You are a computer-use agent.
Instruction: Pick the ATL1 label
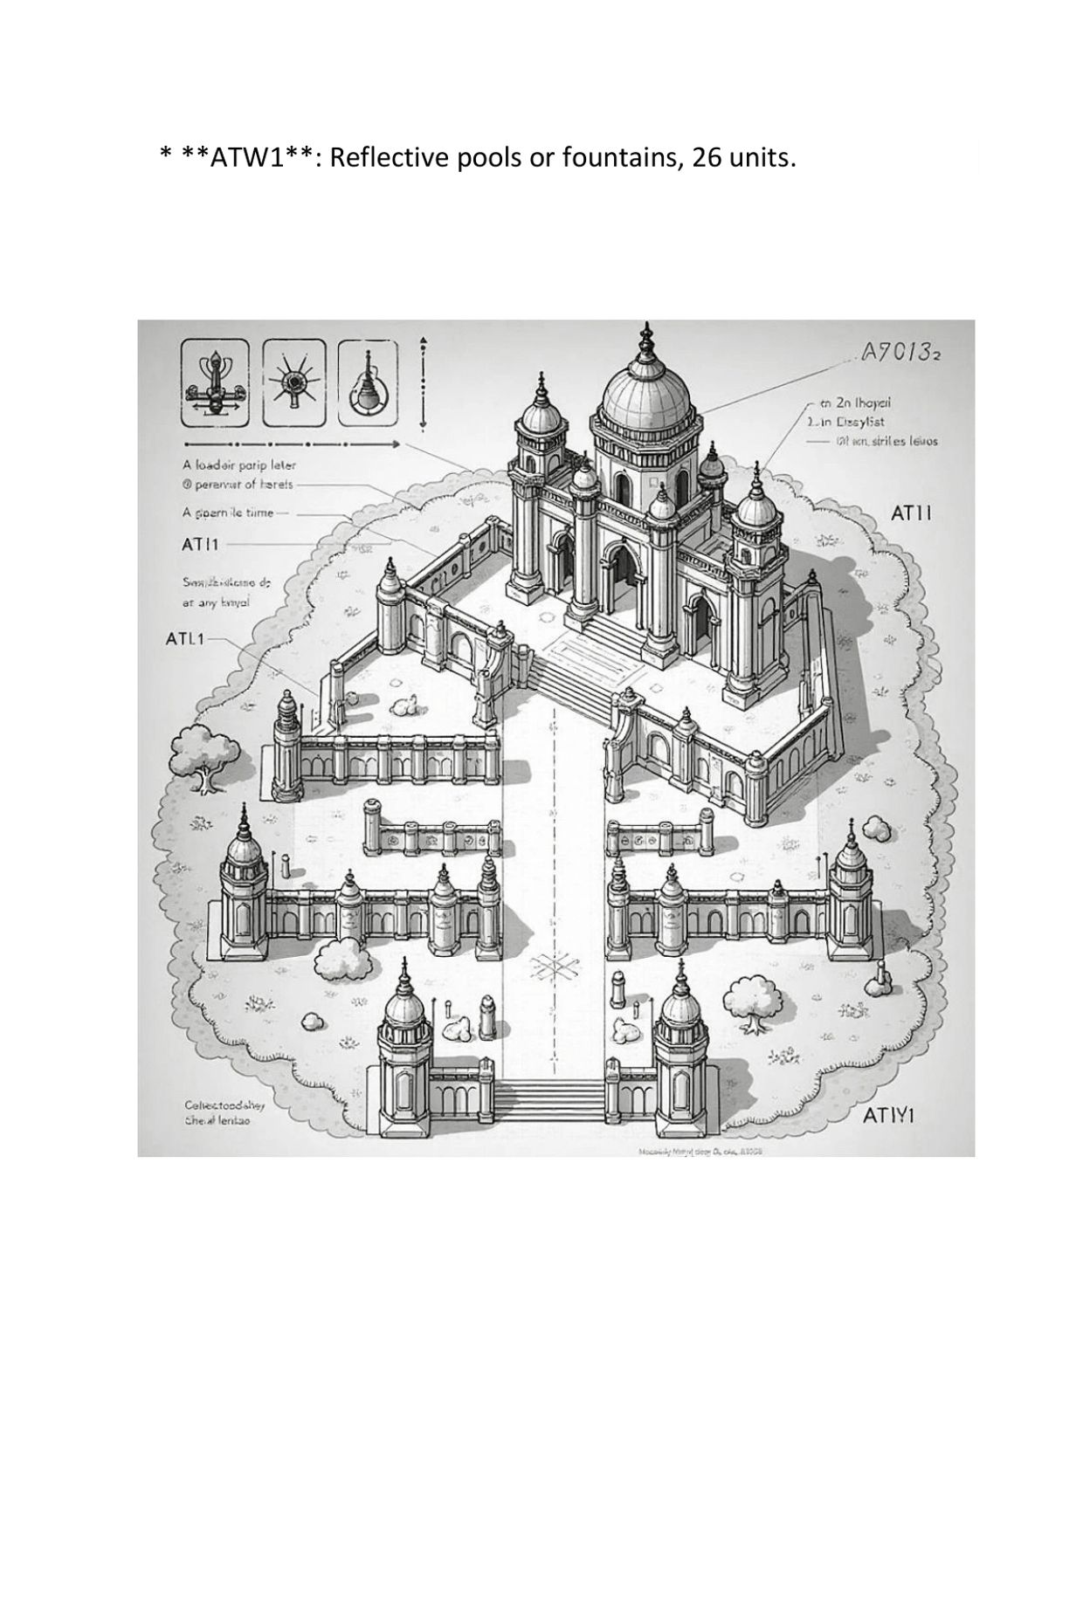[x=184, y=638]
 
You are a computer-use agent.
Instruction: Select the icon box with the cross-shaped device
[x=214, y=382]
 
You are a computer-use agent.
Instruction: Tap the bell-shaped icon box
[x=368, y=382]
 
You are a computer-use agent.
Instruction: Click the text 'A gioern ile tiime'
[x=228, y=513]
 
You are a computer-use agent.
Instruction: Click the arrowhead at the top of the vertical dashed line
[x=423, y=341]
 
